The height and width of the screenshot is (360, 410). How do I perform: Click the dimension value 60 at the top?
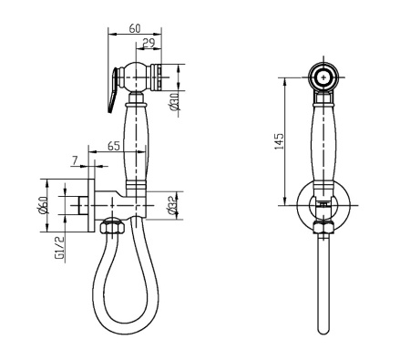135,28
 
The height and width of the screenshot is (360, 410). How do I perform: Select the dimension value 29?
149,43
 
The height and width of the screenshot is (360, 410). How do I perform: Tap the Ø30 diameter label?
175,102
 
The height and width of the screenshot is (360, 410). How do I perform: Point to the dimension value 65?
114,146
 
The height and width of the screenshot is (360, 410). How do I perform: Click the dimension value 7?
75,160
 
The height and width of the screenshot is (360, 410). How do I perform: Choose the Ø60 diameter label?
44,205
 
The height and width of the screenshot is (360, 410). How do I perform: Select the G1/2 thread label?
60,248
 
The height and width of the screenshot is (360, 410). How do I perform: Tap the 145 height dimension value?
279,140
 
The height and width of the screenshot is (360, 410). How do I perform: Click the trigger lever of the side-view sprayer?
112,89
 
